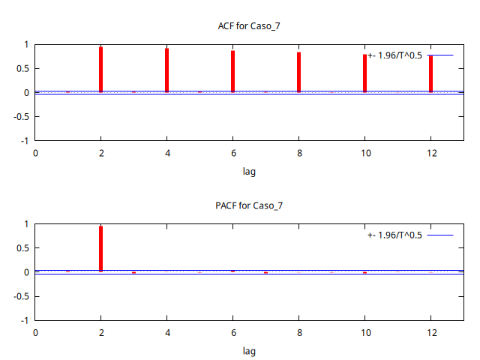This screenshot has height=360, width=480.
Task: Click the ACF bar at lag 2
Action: pyautogui.click(x=100, y=70)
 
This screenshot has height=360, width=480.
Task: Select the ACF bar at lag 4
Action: pyautogui.click(x=166, y=70)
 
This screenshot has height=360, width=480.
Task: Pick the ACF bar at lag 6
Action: pyautogui.click(x=232, y=71)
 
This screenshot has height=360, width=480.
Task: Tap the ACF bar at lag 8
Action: pyautogui.click(x=298, y=72)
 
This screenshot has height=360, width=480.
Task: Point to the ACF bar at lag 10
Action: pyautogui.click(x=364, y=73)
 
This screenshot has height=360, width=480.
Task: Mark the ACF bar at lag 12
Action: pyautogui.click(x=430, y=74)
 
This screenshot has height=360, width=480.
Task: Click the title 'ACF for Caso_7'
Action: pyautogui.click(x=249, y=26)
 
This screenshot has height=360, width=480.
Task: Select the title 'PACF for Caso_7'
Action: pyautogui.click(x=249, y=205)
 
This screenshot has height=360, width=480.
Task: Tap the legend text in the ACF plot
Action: pyautogui.click(x=395, y=55)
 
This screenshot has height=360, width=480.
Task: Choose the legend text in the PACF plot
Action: pyautogui.click(x=395, y=235)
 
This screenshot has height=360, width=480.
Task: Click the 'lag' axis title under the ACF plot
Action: pyautogui.click(x=249, y=171)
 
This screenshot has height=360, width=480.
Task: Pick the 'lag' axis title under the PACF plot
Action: pyautogui.click(x=249, y=350)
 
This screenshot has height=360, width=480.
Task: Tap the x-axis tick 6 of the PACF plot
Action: pyautogui.click(x=232, y=332)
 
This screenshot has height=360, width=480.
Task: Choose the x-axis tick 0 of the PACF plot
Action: pyautogui.click(x=34, y=332)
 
